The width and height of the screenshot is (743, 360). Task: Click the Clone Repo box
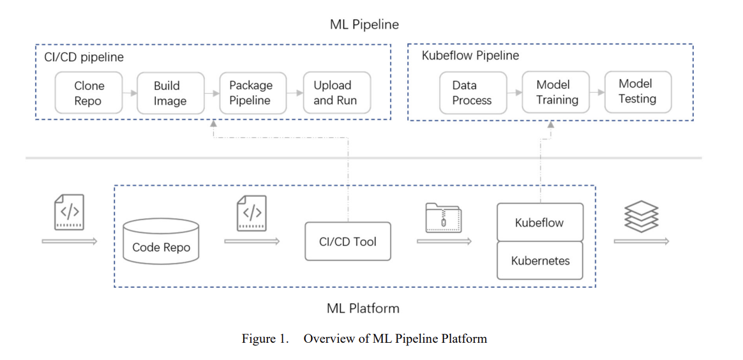point(88,93)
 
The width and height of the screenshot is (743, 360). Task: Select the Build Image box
point(170,93)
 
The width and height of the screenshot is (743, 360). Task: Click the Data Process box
point(472,93)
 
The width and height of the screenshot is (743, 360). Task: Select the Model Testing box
point(637,92)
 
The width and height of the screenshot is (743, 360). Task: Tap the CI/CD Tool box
point(347,241)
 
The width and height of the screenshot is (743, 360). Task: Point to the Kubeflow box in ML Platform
point(539,222)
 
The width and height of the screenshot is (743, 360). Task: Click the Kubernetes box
point(539,260)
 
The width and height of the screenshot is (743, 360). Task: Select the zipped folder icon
point(442,219)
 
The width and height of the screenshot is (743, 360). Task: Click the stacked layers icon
point(640,216)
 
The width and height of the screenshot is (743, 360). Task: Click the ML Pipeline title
point(364,25)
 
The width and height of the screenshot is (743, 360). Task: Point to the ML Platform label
point(363,308)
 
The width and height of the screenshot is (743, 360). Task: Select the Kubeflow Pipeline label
point(470,56)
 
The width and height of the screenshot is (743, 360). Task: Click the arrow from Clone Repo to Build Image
point(130,93)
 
